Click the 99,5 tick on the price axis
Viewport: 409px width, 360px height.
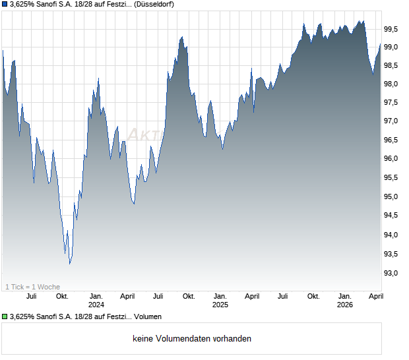(x=392, y=29)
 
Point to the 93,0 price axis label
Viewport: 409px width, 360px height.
(x=392, y=273)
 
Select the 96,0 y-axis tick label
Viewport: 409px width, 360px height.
(x=392, y=159)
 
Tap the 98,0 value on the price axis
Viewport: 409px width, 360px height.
(x=392, y=84)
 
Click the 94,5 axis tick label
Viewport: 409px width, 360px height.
(x=392, y=216)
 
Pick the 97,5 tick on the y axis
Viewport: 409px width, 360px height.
(x=392, y=103)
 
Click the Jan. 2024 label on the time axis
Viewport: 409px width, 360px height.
(x=96, y=301)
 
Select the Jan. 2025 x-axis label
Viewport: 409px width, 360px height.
(x=220, y=301)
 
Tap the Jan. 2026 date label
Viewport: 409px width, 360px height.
(x=344, y=301)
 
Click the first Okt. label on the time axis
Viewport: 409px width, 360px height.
(x=62, y=296)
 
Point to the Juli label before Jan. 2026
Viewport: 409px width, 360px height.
(x=283, y=296)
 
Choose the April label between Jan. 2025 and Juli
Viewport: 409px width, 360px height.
(x=252, y=296)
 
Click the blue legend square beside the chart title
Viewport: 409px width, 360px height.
(x=5, y=5)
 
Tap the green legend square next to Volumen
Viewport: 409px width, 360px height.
(x=5, y=316)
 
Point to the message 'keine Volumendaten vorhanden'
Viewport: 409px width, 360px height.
(x=191, y=339)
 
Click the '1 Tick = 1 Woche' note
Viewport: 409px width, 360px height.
(x=32, y=287)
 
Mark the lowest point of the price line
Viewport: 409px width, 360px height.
(x=70, y=264)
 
